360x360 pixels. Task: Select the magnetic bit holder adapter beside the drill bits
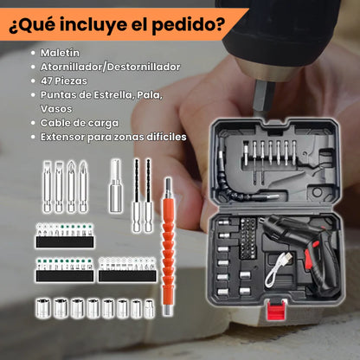point(115,186)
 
